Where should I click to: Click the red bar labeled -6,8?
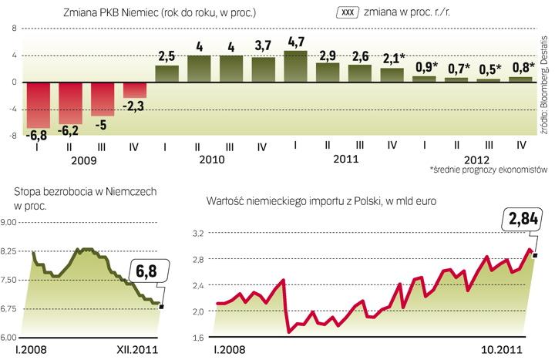39,105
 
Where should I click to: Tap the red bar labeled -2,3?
136,89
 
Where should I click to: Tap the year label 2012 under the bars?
472,160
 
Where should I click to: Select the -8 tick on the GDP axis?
12,136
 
